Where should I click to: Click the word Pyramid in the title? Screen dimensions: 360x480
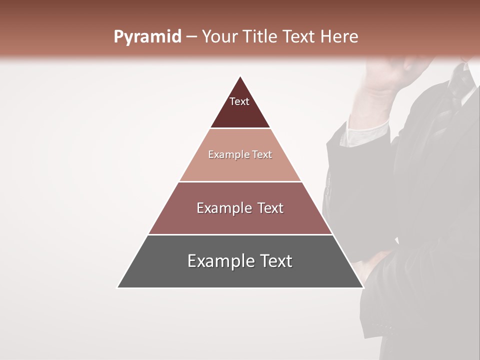pyautogui.click(x=147, y=37)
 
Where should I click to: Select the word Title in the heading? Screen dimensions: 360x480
pyautogui.click(x=260, y=37)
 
